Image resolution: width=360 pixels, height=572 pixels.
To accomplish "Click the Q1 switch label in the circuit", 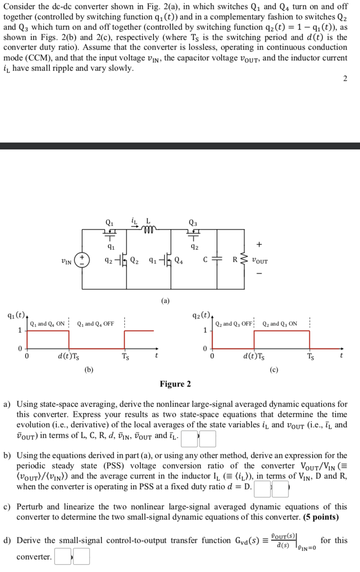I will pos(109,223).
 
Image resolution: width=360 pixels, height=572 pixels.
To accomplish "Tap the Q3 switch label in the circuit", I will pos(193,223).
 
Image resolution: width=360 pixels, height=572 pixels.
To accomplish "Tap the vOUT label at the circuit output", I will pos(260,261).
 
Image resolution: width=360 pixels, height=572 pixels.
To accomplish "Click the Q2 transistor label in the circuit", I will pos(134,260).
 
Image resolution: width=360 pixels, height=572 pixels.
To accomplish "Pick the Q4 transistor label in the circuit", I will pos(179,260).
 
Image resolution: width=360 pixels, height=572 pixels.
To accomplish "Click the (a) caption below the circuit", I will pos(165,301).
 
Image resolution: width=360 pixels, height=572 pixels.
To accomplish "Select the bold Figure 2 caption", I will pos(175,384).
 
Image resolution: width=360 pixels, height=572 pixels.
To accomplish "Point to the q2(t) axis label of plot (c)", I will pos(201,316).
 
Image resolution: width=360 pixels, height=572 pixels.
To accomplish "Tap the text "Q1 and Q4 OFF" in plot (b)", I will pos(96,324).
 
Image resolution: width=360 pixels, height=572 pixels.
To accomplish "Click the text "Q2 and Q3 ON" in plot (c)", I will pos(280,324).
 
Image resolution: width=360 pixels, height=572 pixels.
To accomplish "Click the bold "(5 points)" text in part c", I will pos(321,517).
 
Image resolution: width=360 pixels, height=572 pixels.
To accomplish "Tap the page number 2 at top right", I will pos(345,79).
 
